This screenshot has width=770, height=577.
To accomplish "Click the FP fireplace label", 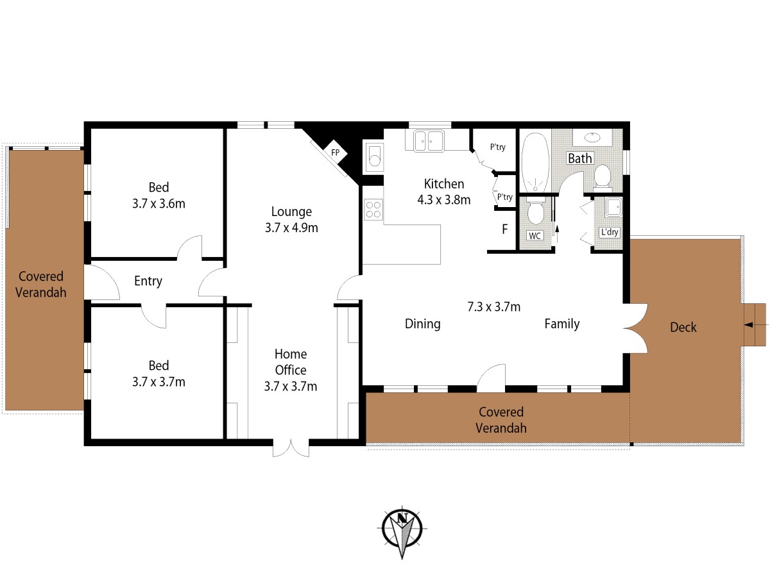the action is coord(335,153).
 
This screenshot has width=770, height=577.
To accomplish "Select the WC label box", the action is coord(535,236).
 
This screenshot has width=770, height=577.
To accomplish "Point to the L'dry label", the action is coord(610,232).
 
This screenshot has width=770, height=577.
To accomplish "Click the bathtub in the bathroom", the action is coord(535,162).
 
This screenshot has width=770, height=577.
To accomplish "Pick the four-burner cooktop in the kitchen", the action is coord(373,209).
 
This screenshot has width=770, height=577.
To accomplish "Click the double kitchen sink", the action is coord(429,141).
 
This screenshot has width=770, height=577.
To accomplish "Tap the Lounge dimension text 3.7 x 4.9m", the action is coord(291,228).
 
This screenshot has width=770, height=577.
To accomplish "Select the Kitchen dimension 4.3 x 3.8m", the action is coord(444,199).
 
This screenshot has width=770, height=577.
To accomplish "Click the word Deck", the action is coord(683,327).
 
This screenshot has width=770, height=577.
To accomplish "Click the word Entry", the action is coord(148,281).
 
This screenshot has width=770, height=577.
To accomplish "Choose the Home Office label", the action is coord(291,362).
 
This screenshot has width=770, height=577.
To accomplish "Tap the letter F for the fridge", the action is coord(505,229).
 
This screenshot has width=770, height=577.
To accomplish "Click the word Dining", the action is coord(422,324).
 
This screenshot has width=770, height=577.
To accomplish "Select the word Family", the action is coord(562,324).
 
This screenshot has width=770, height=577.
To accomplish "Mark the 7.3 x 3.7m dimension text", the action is coord(494,307).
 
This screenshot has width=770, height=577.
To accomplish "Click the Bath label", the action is coord(580,158).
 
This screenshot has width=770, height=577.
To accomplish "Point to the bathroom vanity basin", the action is coord(593,137).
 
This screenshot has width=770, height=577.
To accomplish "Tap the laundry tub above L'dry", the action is coord(613,207).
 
